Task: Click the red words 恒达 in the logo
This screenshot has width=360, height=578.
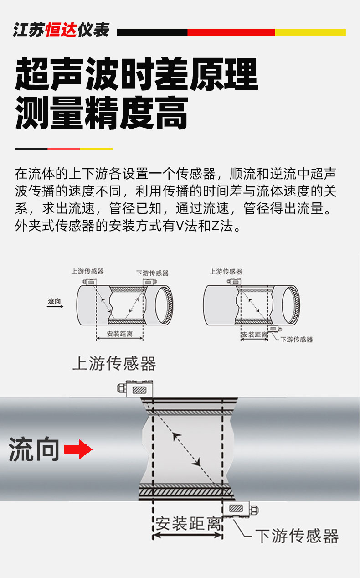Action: pos(61,30)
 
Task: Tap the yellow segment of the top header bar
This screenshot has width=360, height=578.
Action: pos(310,32)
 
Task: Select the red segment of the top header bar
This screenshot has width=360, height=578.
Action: pos(231,32)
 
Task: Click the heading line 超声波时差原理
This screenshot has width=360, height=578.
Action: pos(137,74)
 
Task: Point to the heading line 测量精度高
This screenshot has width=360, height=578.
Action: pos(101,113)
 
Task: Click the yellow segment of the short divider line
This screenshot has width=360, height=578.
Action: pos(96,148)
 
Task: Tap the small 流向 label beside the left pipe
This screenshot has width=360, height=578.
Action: pos(54,301)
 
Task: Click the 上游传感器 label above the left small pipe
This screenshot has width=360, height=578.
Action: pos(87,271)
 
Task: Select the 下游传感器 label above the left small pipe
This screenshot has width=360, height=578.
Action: pos(152,273)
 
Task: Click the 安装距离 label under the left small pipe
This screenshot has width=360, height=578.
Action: pos(120,334)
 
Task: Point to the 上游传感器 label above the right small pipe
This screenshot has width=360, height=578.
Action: pos(226,272)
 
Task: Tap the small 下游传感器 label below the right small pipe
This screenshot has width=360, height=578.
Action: pos(297,339)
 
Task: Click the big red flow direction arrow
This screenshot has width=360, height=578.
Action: pos(78,449)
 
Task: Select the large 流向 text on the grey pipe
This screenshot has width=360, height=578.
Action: pos(34,449)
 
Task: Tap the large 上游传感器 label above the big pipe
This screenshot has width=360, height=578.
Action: pos(114,364)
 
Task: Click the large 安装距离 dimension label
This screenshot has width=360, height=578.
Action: pos(188,524)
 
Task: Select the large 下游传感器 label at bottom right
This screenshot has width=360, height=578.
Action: pos(297,536)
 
